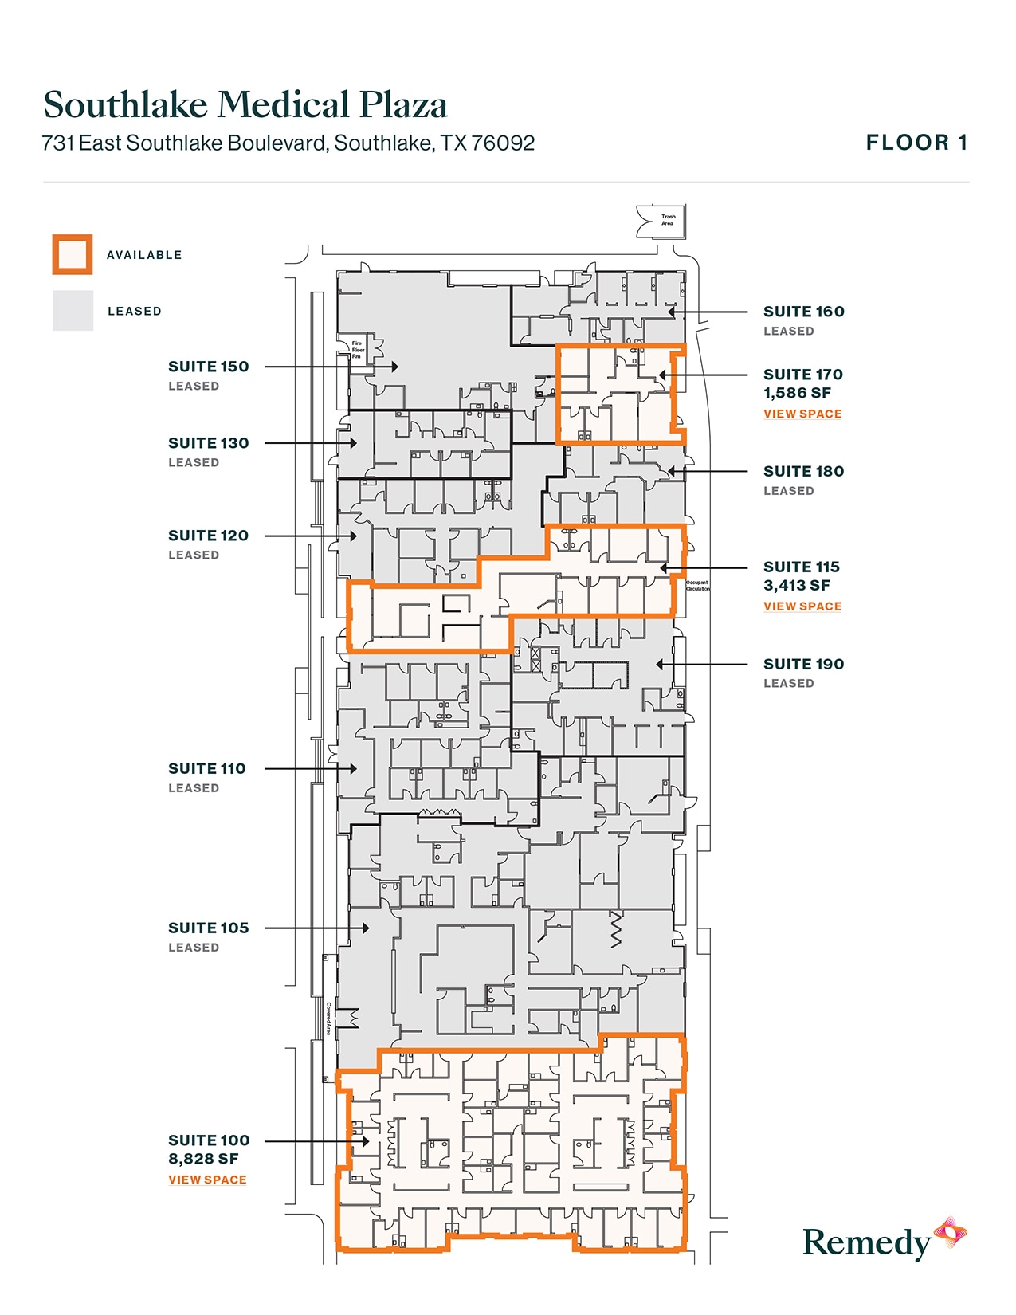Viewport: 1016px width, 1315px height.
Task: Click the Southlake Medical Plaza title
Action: tap(245, 105)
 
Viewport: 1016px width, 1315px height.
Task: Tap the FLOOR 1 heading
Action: tap(916, 143)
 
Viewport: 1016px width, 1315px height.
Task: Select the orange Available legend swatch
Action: tap(73, 255)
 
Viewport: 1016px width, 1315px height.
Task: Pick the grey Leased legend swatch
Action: tap(73, 311)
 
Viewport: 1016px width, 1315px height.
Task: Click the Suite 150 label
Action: tap(208, 367)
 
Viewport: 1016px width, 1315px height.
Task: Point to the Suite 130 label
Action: tap(208, 443)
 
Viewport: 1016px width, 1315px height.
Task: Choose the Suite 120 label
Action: tap(208, 536)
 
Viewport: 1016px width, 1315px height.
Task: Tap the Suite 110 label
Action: tap(206, 768)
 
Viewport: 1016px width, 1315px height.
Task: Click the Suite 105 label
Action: tap(208, 928)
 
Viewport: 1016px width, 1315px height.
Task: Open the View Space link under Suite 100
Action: tap(207, 1180)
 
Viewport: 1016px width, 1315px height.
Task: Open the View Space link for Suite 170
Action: tap(802, 414)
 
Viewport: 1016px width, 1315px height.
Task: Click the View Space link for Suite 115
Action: tap(802, 606)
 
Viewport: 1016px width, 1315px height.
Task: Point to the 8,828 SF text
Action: tap(203, 1159)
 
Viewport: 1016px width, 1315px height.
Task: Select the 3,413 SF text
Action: tap(797, 585)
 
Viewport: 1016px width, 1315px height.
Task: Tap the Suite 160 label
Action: tap(803, 312)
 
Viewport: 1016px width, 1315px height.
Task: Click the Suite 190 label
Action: tap(803, 664)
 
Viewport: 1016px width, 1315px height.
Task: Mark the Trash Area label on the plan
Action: tap(668, 220)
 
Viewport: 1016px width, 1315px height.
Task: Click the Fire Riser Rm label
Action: tap(358, 350)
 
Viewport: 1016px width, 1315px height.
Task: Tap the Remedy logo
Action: tap(884, 1241)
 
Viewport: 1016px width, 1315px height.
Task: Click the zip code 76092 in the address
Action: tap(503, 143)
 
